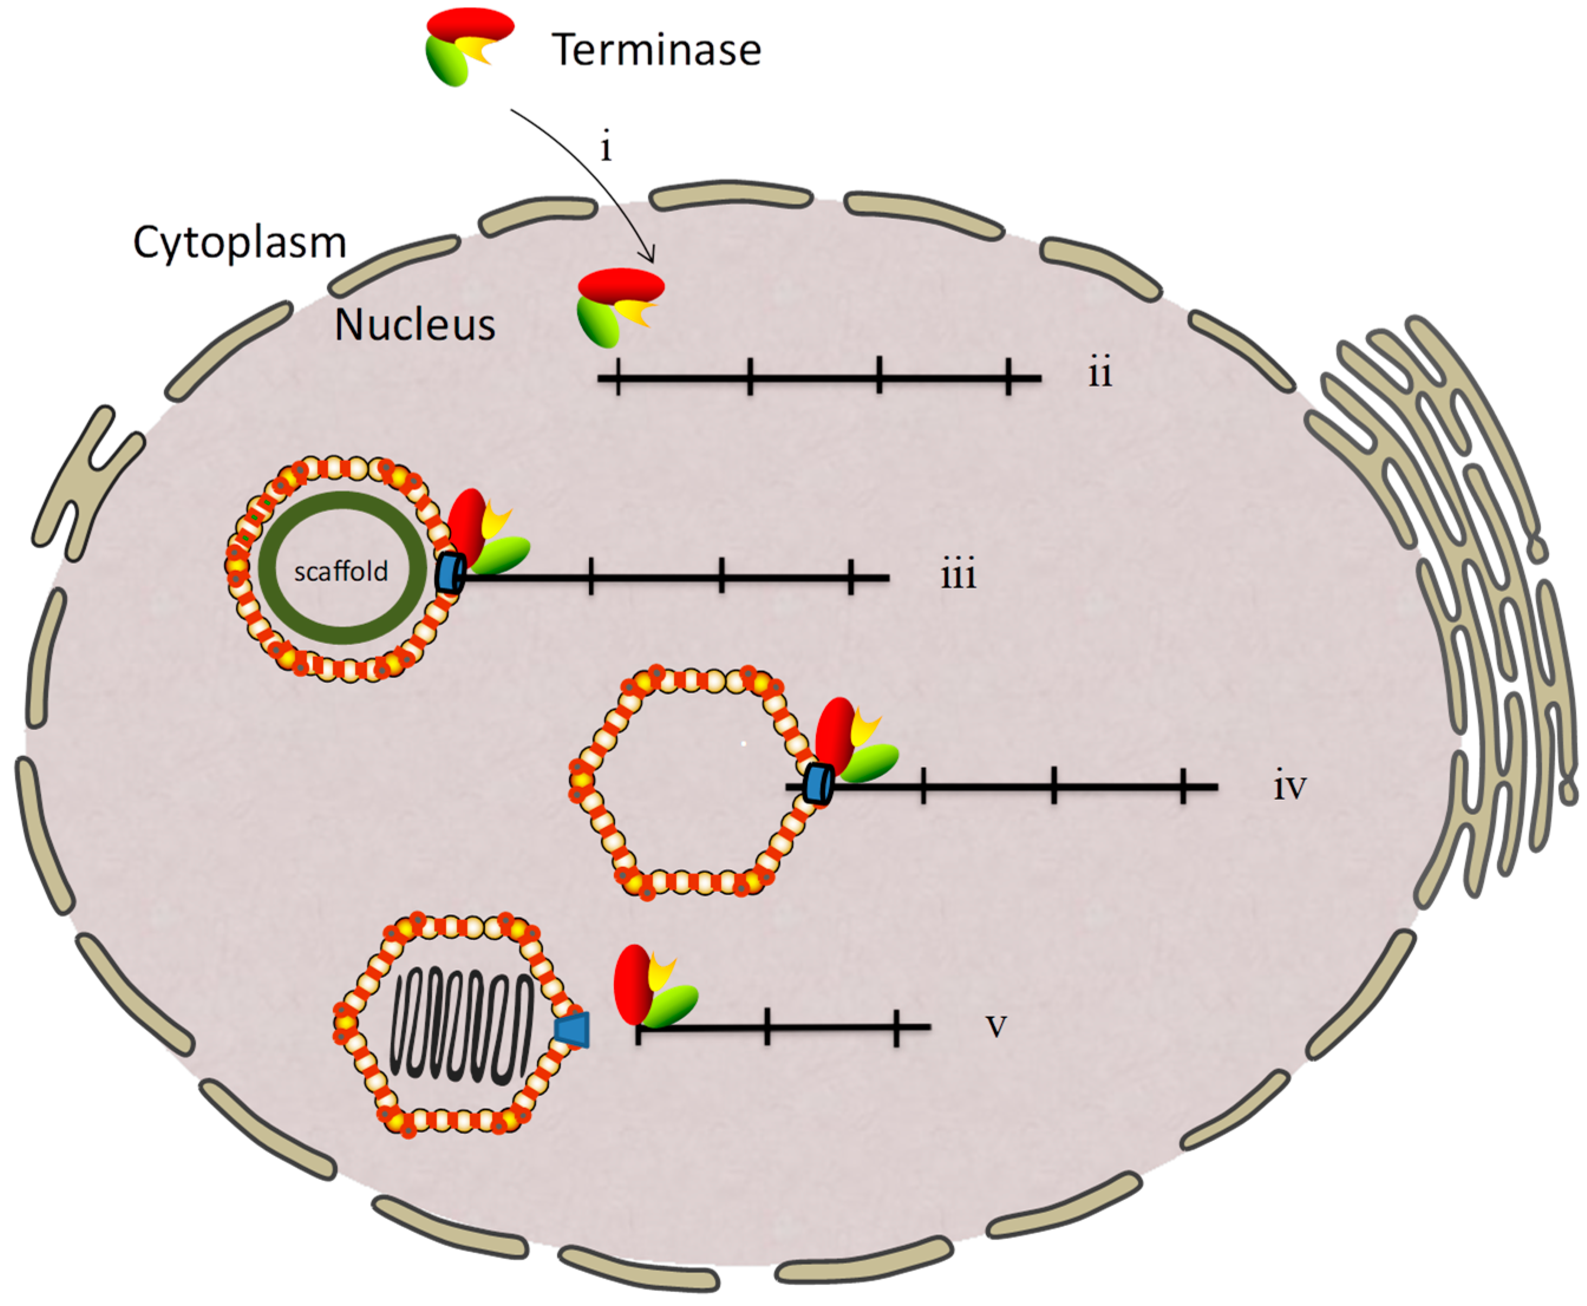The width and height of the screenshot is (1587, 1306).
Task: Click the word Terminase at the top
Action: point(656,50)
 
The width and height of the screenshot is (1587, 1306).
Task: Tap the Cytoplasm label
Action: point(239,243)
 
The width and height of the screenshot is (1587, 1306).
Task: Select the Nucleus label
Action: point(414,325)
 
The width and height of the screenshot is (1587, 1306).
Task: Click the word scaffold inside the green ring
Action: point(340,572)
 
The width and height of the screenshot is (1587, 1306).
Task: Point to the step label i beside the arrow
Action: point(606,148)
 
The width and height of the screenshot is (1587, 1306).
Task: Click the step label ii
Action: point(1099,373)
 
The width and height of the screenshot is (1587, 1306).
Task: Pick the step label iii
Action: point(958,575)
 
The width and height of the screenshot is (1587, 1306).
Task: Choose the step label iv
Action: point(1289,787)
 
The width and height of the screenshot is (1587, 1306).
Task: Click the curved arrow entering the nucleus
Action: point(595,173)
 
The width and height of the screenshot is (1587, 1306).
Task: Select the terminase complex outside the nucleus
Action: point(466,45)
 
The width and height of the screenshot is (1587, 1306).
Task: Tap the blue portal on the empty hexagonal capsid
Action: point(817,784)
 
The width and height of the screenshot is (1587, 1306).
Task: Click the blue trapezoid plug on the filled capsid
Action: point(573,1029)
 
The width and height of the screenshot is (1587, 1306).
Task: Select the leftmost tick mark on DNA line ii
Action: point(618,377)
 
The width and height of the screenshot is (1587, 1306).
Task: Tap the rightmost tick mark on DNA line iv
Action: point(1183,786)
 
